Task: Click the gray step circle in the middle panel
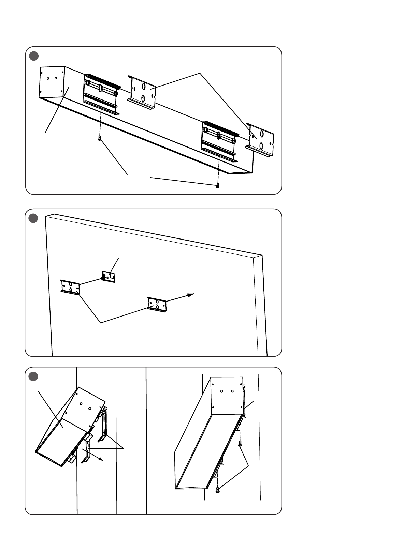pyautogui.click(x=33, y=218)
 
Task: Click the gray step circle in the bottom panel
pyautogui.click(x=33, y=376)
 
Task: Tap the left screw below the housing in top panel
pyautogui.click(x=99, y=138)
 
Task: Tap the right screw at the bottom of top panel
pyautogui.click(x=217, y=185)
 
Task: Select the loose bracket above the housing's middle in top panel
pyautogui.click(x=142, y=91)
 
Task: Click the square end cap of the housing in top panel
pyautogui.click(x=52, y=81)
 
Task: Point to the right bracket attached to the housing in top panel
pyautogui.click(x=219, y=140)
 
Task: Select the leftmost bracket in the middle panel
pyautogui.click(x=70, y=287)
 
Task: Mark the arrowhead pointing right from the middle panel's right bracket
pyautogui.click(x=192, y=295)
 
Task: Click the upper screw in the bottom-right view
pyautogui.click(x=240, y=444)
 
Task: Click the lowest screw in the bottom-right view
pyautogui.click(x=217, y=490)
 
